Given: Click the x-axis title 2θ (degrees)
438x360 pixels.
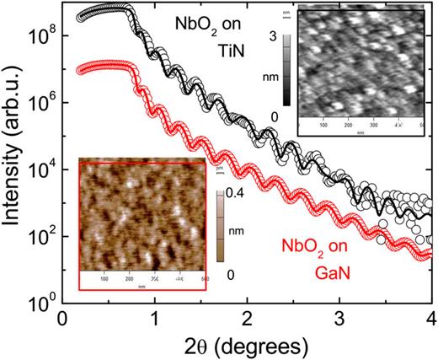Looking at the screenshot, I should pos(246,346).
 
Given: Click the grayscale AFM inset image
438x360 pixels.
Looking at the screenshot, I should pos(365,68).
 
